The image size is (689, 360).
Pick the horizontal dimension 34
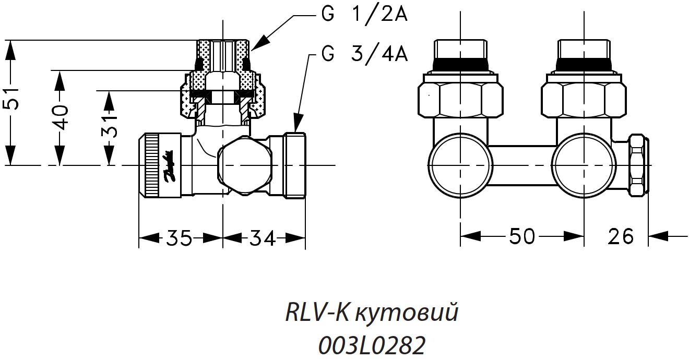262,238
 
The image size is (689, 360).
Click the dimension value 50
521,236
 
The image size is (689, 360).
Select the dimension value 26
620,236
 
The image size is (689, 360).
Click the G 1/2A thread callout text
364,15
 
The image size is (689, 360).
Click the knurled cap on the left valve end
151,165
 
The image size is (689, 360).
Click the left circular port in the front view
460,166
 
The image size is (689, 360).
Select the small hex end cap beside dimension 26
638,165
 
